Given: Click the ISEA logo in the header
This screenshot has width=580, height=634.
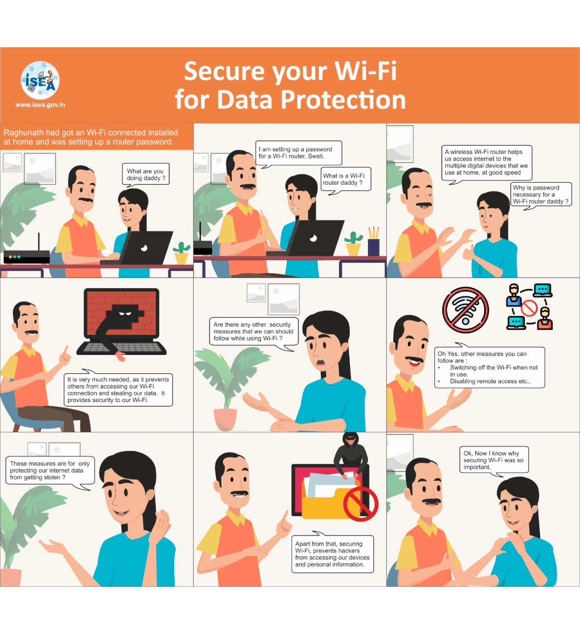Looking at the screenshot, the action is pos(40,80).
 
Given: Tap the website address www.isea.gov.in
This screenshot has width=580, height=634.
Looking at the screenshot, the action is pos(40,105).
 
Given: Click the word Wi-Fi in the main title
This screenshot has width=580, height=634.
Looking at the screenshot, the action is pos(365,71).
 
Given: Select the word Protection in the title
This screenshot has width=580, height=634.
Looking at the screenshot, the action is pos(343,100).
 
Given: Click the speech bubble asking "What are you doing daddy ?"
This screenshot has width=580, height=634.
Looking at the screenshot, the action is pos(146,174).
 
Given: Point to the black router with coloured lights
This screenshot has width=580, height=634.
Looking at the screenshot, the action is pos(27,256).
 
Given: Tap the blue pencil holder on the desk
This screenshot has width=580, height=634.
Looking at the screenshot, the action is pos(373,247).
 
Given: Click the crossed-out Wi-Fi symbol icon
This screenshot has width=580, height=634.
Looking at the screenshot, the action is pos(465,310).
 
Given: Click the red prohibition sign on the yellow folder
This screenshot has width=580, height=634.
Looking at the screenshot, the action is pos(361,504).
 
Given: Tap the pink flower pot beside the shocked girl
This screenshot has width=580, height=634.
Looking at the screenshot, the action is pos(225,419).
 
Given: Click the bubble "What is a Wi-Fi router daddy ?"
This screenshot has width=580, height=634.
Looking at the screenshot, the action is pos(345,180).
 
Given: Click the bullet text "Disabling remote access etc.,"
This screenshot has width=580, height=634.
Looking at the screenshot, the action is pos(490,381).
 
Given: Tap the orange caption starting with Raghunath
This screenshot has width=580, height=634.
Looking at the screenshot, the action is pos(97,136).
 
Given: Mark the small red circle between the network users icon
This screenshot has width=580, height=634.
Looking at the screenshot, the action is pos(529,308).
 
